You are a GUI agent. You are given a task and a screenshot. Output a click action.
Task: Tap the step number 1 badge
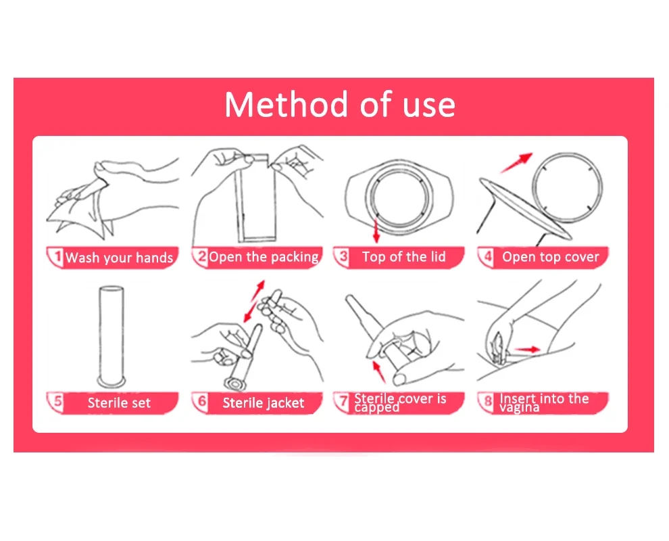[56, 256]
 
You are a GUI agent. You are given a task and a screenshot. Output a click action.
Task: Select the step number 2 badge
[200, 256]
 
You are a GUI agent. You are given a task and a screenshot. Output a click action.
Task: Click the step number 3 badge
[342, 256]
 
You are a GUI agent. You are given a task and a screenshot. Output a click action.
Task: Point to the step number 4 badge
[487, 256]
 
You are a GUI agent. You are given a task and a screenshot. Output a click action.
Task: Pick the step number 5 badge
[56, 402]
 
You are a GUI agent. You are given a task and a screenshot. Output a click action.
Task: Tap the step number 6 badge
[200, 402]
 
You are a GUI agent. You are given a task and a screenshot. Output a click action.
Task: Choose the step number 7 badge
[342, 402]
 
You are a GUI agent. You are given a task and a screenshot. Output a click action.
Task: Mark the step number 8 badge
[487, 402]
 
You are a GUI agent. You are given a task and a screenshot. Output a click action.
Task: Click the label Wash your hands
[119, 258]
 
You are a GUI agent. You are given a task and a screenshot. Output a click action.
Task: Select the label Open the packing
[264, 257]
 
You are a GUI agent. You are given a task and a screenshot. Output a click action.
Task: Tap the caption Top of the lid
[403, 256]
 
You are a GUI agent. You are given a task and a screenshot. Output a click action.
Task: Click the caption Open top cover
[550, 256]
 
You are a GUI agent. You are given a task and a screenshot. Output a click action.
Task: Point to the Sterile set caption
[119, 402]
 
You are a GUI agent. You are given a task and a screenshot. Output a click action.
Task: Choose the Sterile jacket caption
[264, 402]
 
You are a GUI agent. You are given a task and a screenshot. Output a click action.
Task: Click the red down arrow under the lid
[376, 230]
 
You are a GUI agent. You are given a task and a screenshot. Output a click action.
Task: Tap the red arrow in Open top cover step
[516, 163]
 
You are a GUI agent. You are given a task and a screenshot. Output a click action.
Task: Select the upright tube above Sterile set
[111, 336]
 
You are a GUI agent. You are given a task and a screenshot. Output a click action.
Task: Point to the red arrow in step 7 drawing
[378, 371]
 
